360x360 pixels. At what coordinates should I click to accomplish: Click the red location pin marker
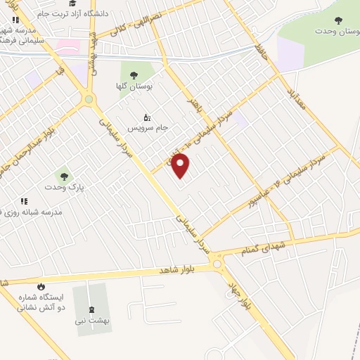181,167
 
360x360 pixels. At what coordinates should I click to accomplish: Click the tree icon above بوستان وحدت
339,20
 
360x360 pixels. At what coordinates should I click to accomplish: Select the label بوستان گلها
155,86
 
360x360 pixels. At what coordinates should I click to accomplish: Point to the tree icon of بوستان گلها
134,75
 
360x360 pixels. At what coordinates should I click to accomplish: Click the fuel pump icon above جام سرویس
146,117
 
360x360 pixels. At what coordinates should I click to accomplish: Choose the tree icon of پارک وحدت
64,176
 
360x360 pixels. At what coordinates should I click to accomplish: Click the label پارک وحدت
64,188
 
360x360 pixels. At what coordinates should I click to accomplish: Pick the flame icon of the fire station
41,286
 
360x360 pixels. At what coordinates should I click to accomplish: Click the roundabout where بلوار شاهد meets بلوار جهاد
217,264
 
